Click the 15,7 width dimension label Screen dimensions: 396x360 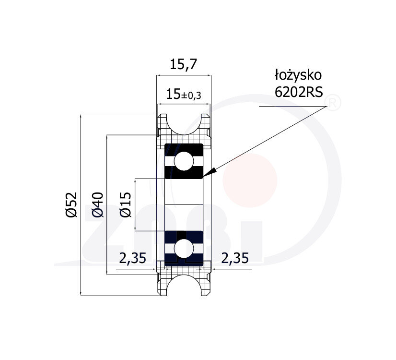click(x=183, y=64)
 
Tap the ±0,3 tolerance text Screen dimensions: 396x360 click(x=191, y=96)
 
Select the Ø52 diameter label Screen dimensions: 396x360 click(x=71, y=204)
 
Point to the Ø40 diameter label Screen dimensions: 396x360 click(x=98, y=204)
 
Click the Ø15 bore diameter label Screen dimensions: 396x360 click(x=126, y=204)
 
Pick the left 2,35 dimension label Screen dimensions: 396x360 click(x=133, y=258)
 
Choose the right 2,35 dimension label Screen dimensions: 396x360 click(x=235, y=258)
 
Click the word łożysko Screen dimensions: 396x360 click(x=298, y=75)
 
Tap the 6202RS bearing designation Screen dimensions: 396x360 click(x=299, y=92)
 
